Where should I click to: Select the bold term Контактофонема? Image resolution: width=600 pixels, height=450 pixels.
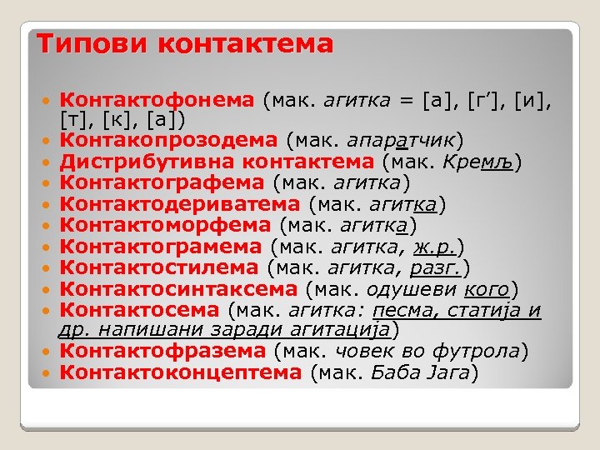157,100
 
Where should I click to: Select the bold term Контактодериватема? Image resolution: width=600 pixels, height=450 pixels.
181,202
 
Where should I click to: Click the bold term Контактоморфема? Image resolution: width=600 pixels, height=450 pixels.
166,224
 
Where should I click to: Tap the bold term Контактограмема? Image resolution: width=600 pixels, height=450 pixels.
163,246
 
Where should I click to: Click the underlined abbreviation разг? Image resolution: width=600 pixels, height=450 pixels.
439,267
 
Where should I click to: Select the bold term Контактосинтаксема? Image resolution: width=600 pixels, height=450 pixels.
178,289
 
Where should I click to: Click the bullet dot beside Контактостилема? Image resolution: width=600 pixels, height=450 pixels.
49,268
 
